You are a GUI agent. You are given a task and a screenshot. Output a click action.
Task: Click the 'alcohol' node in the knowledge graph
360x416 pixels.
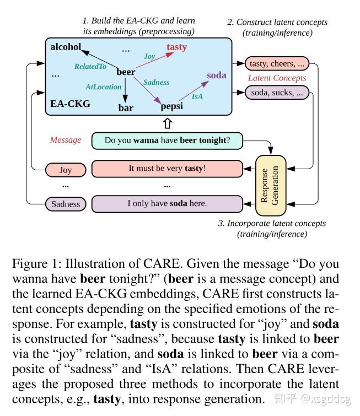pyautogui.click(x=66, y=46)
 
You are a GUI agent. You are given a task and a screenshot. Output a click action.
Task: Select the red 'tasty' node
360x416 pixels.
pyautogui.click(x=176, y=47)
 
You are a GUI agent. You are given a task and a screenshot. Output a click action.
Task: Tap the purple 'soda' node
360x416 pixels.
pyautogui.click(x=217, y=75)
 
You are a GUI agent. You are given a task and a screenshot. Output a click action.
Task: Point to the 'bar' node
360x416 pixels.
pyautogui.click(x=126, y=108)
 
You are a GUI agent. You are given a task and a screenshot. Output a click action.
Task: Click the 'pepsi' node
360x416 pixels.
pyautogui.click(x=171, y=106)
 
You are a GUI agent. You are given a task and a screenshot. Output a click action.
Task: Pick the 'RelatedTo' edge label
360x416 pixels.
pyautogui.click(x=90, y=66)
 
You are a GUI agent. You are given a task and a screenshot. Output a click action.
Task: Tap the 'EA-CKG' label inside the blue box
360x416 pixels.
pyautogui.click(x=70, y=103)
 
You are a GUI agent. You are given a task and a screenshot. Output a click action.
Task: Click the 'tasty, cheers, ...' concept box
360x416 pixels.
pyautogui.click(x=277, y=63)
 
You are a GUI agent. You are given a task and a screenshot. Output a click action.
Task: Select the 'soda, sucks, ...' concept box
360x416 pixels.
pyautogui.click(x=277, y=93)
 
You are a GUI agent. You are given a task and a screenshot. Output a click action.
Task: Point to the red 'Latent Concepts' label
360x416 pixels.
pyautogui.click(x=277, y=78)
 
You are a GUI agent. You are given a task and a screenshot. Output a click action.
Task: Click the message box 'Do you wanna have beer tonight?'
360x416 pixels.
pyautogui.click(x=167, y=140)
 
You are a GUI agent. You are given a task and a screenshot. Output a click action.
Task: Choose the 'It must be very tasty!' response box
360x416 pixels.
pyautogui.click(x=167, y=168)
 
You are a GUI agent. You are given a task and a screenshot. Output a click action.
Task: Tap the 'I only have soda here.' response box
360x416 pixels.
pyautogui.click(x=167, y=203)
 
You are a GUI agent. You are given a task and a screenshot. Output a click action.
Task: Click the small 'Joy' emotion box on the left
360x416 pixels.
pyautogui.click(x=66, y=170)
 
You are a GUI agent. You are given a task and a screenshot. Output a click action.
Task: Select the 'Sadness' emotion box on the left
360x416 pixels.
pyautogui.click(x=66, y=204)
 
